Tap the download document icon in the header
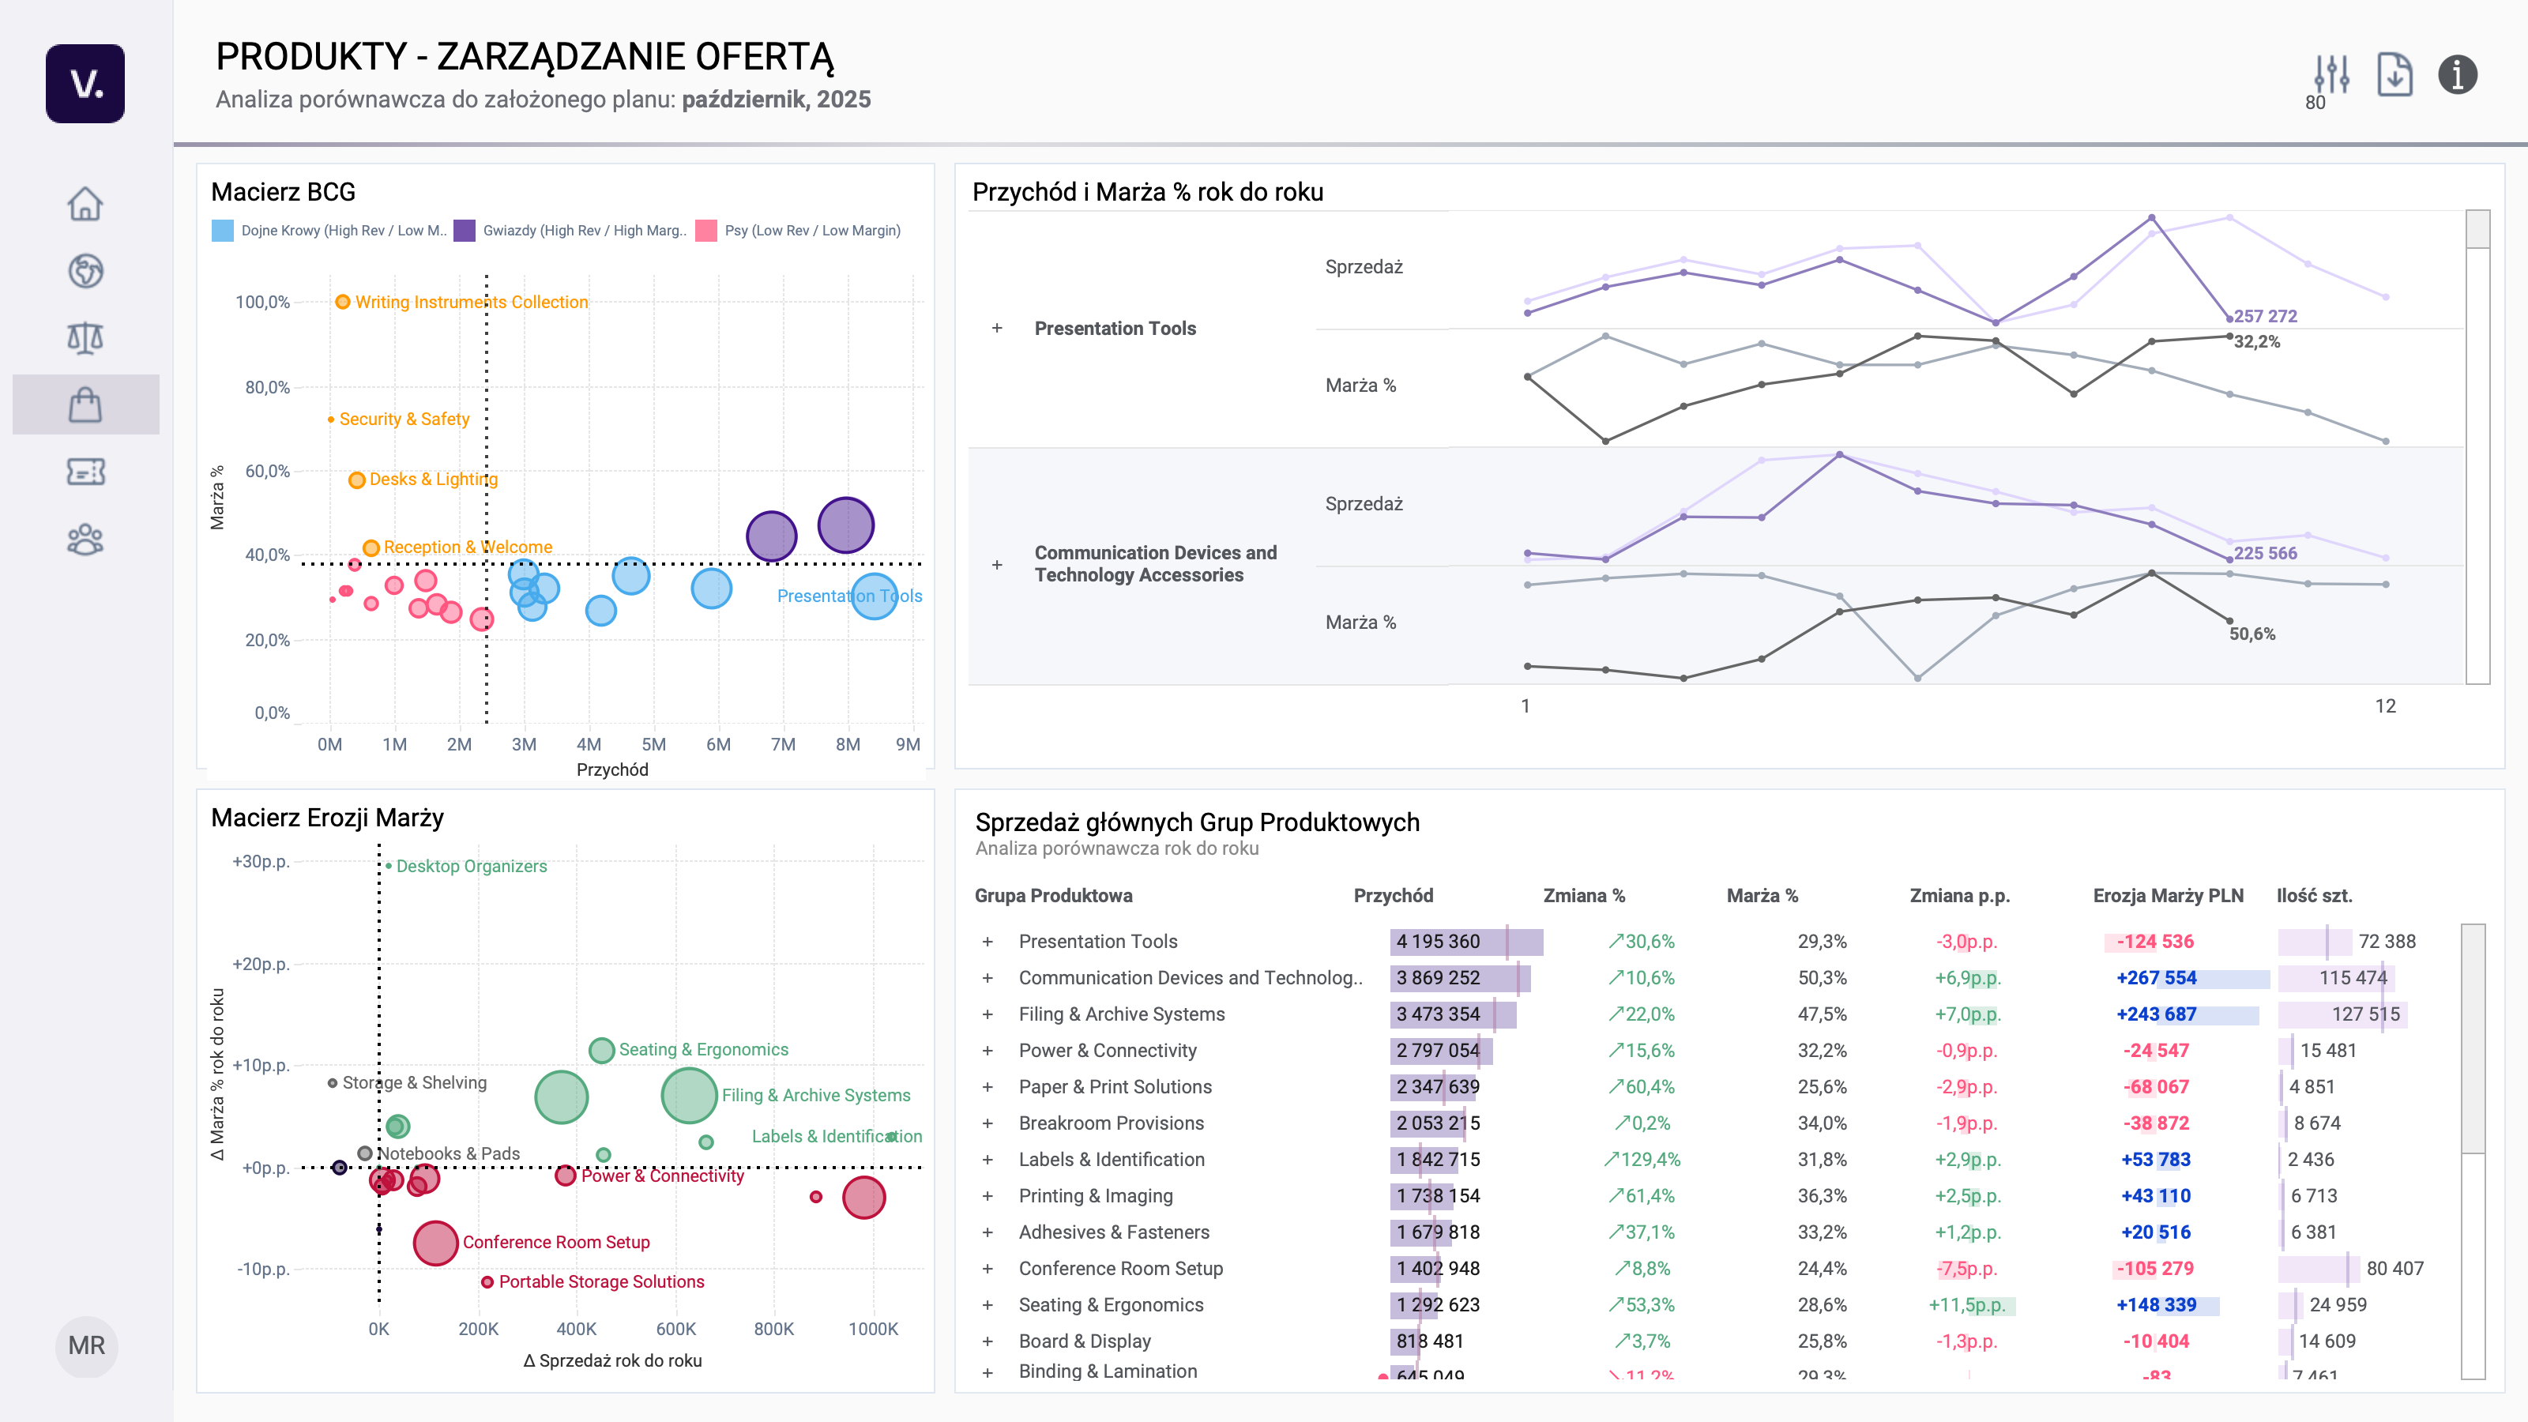(x=2394, y=74)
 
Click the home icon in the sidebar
(x=85, y=204)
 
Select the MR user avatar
(x=86, y=1345)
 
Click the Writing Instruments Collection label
(x=471, y=303)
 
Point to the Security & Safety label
(x=404, y=419)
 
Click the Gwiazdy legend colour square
(x=465, y=231)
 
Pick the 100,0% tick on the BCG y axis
(x=262, y=303)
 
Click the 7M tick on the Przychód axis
(x=783, y=744)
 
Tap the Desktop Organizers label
(x=471, y=867)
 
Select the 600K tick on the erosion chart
(x=675, y=1329)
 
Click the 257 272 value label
(x=2265, y=316)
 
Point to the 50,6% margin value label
(x=2251, y=634)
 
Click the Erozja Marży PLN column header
(x=2168, y=895)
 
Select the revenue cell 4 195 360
(x=1438, y=941)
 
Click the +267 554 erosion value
(x=2156, y=977)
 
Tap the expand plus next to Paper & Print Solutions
(x=987, y=1086)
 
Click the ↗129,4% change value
(x=1642, y=1159)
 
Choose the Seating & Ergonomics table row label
(x=1110, y=1304)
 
